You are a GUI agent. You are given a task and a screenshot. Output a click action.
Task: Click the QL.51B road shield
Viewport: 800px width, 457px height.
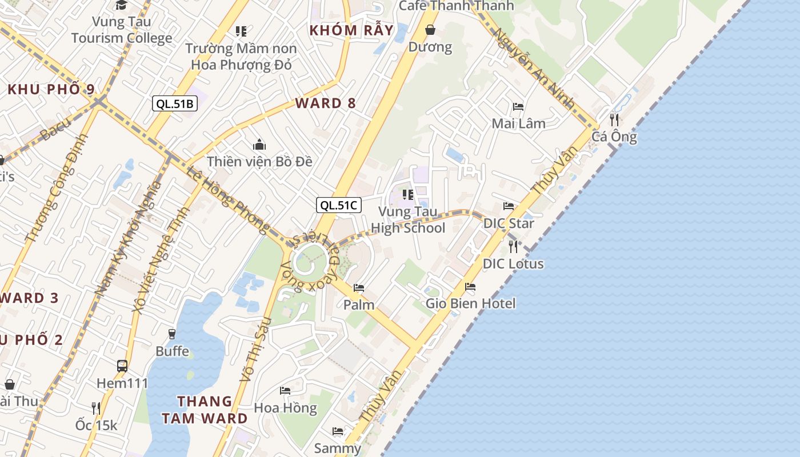[175, 103]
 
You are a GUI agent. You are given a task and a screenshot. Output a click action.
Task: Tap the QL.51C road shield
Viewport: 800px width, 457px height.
[339, 205]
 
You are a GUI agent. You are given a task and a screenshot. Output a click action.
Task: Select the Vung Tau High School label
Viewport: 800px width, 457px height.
[408, 220]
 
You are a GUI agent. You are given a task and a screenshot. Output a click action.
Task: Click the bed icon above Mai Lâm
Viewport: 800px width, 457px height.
[518, 107]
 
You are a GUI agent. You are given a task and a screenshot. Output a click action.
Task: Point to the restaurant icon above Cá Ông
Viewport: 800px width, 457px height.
[614, 119]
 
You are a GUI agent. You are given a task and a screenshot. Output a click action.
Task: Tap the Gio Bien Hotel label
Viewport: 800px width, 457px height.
[470, 303]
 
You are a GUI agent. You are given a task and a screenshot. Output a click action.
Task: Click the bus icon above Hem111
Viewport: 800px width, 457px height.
[122, 366]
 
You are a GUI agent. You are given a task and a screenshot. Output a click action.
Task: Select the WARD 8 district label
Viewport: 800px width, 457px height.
[326, 103]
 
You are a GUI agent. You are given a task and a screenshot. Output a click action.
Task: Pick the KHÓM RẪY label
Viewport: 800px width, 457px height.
[351, 30]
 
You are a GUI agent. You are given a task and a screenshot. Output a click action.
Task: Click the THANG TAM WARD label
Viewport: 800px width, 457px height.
[205, 410]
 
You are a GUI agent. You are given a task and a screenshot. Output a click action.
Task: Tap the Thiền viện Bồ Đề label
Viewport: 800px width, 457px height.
[259, 162]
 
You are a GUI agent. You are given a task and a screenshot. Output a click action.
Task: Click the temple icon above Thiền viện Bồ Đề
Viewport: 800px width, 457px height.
[259, 145]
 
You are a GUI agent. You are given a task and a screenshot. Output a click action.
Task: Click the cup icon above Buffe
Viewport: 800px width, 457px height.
[172, 334]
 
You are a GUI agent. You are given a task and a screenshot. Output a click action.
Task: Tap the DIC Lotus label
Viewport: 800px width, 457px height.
[513, 264]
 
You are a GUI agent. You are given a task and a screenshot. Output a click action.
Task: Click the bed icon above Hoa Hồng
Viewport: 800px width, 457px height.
[285, 391]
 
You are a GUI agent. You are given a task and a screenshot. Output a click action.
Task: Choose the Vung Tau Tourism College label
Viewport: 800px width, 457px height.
[122, 30]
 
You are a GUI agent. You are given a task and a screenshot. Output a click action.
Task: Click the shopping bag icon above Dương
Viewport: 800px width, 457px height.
[430, 29]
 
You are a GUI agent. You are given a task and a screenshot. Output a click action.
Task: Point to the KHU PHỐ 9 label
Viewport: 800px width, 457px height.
[51, 90]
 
